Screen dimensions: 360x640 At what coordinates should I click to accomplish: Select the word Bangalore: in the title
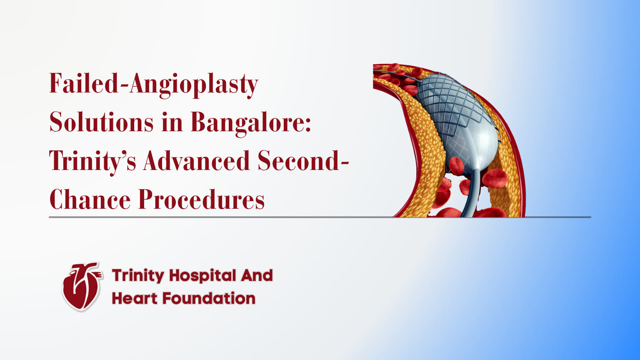point(251,122)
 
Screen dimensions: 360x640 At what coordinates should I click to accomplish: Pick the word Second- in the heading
point(303,161)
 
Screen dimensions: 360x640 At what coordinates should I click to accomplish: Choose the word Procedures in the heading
point(202,200)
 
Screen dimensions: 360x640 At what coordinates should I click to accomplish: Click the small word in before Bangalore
point(172,122)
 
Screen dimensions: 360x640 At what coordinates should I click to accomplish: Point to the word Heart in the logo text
point(134,298)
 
